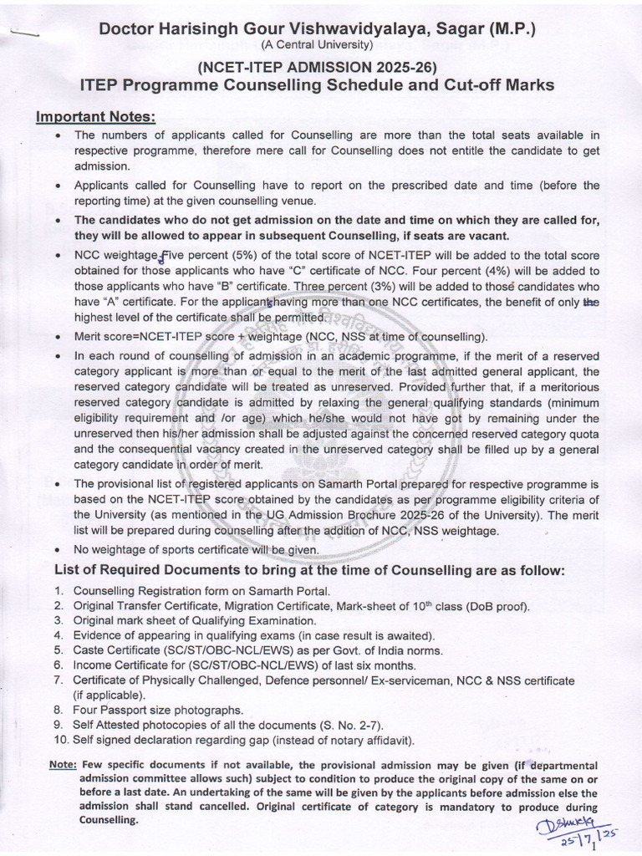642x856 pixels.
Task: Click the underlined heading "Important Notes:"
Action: tap(95, 116)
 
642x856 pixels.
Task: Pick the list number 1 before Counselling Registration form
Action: tap(58, 591)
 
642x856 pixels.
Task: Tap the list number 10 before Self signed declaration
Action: tap(59, 740)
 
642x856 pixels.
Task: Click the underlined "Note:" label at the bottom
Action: tap(63, 765)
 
